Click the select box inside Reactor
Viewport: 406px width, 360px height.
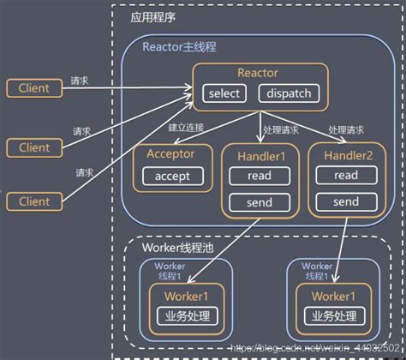click(224, 93)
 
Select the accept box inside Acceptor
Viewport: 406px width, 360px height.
click(178, 177)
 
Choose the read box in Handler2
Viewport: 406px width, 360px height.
click(345, 176)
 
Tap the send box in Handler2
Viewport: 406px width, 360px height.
click(345, 202)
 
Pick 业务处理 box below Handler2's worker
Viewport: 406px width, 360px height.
click(334, 316)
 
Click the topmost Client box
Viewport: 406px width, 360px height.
click(33, 88)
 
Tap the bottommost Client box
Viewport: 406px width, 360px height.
click(33, 201)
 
